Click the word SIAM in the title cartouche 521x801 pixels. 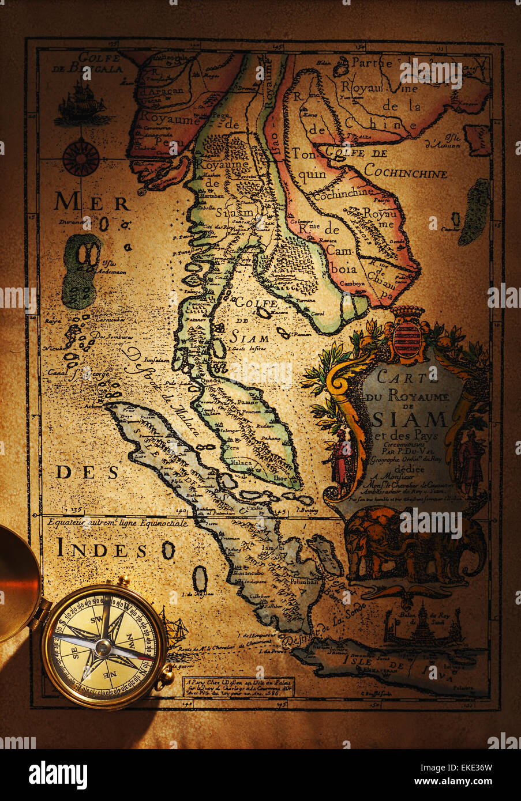(411, 418)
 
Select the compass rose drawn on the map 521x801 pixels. (80, 157)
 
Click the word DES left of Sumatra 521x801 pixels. (88, 473)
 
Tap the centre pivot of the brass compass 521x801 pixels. (103, 647)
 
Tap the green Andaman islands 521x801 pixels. (81, 271)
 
